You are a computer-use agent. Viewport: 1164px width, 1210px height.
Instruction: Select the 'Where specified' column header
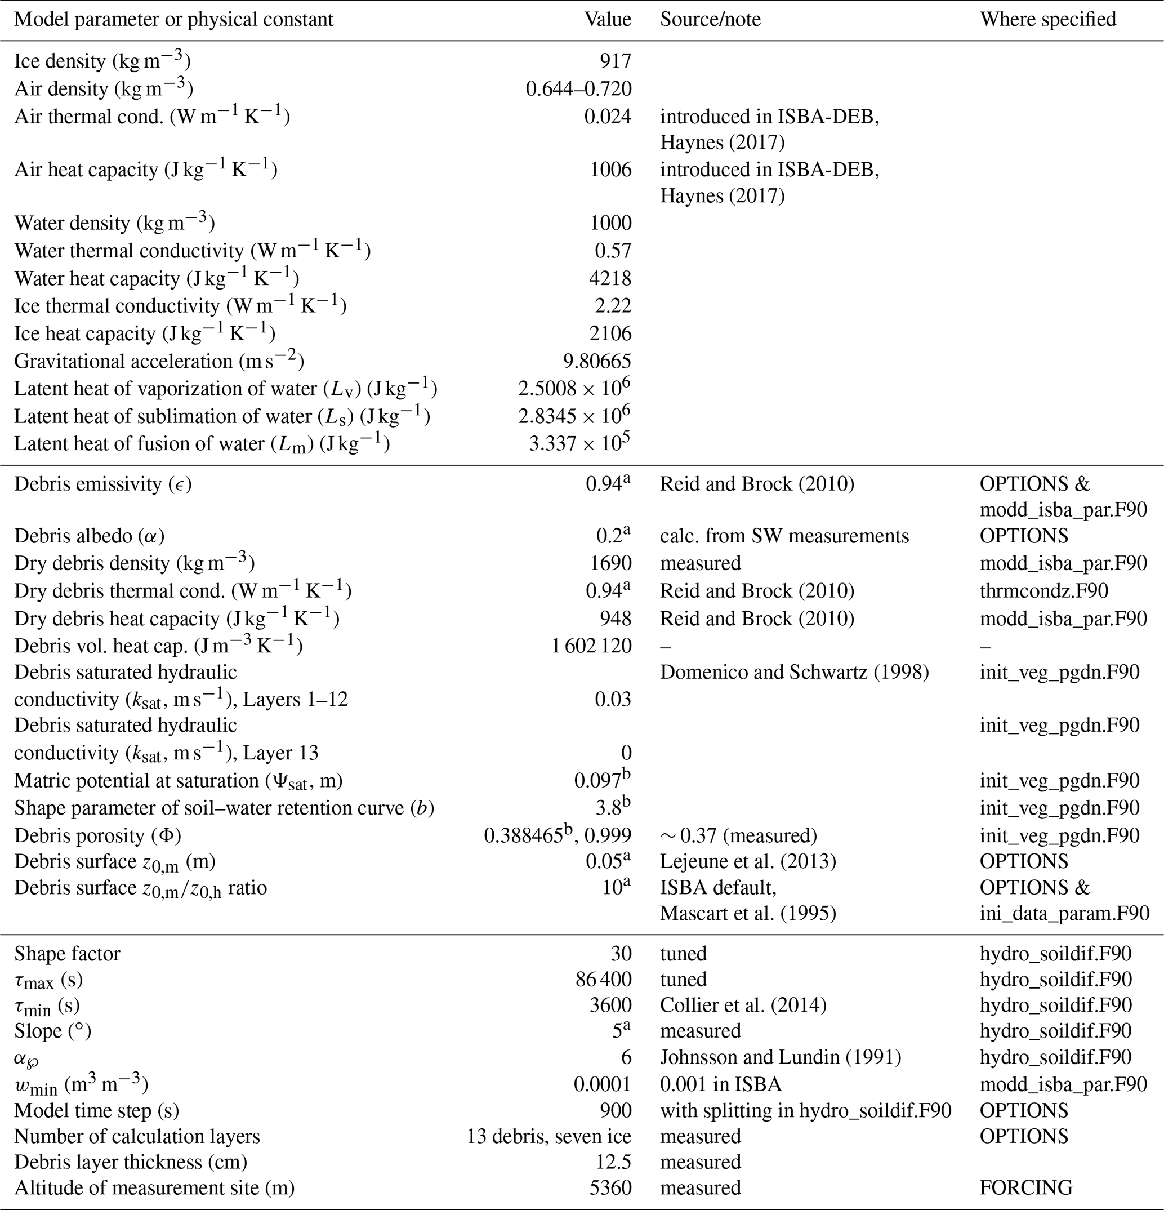coord(1047,20)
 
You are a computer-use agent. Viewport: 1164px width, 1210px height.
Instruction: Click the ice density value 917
coord(616,61)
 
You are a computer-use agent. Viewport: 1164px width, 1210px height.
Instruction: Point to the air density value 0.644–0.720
coord(578,89)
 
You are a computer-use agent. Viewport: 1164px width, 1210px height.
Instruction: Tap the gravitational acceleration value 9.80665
coord(594,361)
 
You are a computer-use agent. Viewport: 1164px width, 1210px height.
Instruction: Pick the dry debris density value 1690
coord(610,563)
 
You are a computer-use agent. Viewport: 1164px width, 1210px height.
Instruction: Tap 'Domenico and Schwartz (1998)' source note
coord(795,672)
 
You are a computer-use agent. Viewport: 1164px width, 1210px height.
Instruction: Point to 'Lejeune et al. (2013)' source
coord(748,861)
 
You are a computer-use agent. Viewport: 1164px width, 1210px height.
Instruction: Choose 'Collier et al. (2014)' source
coord(743,1006)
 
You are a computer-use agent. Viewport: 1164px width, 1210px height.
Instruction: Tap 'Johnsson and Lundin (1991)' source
coord(781,1057)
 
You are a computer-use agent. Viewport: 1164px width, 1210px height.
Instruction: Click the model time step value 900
coord(616,1111)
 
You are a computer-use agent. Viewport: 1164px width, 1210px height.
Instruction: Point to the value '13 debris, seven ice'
coord(548,1137)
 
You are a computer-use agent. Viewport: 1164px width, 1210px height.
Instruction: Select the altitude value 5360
coord(610,1189)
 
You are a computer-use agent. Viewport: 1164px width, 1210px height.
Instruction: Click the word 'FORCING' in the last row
coord(1026,1189)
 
